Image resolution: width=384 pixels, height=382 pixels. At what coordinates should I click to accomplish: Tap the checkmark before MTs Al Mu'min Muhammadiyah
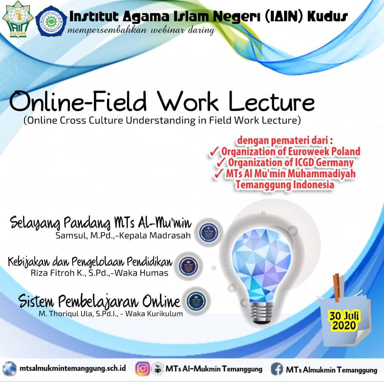[x=220, y=174]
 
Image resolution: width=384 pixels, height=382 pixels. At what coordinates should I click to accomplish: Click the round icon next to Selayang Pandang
[x=206, y=230]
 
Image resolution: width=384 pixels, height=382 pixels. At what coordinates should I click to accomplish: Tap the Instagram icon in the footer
[x=142, y=369]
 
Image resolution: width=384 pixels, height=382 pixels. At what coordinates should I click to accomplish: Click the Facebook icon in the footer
[x=277, y=369]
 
